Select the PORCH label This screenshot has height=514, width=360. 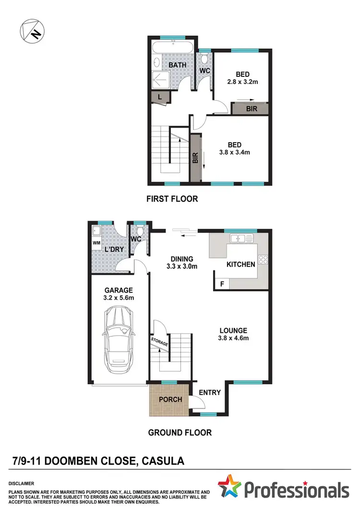click(x=170, y=399)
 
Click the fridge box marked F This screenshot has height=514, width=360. click(x=221, y=284)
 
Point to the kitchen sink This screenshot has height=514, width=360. click(x=239, y=238)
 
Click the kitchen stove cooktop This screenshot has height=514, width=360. click(x=264, y=259)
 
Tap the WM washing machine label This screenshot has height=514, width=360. click(x=96, y=243)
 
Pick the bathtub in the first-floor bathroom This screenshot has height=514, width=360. click(x=173, y=48)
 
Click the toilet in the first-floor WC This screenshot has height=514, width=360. click(x=205, y=58)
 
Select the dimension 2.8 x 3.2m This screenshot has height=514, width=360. click(x=243, y=83)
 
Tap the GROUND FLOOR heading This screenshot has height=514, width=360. click(x=180, y=432)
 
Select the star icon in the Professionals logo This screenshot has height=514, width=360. click(x=230, y=487)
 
